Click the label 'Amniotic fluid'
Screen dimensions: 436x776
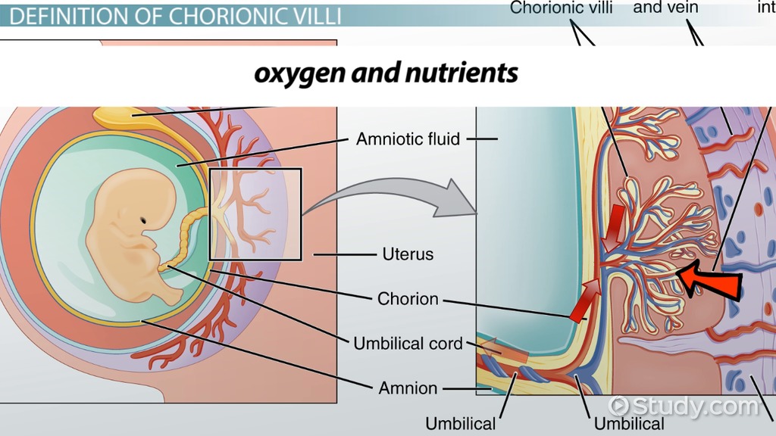(x=408, y=139)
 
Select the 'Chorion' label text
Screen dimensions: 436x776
(x=408, y=299)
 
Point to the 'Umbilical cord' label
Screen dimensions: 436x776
(x=408, y=343)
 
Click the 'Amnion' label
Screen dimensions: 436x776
(x=408, y=388)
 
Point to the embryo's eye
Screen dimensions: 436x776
(x=143, y=220)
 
